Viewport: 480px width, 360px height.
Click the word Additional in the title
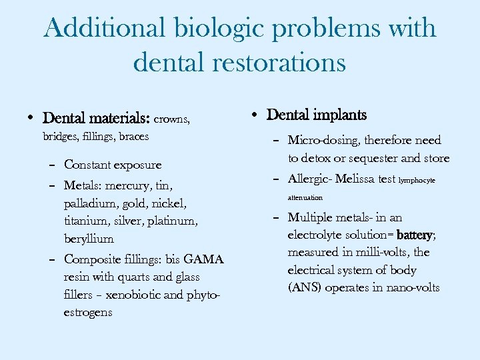click(x=105, y=29)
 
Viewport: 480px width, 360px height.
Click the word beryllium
click(x=89, y=238)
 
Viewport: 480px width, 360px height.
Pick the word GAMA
click(x=203, y=259)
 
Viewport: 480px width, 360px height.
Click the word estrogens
click(x=88, y=312)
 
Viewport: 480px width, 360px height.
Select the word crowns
click(x=172, y=119)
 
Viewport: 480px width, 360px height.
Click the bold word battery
click(x=413, y=235)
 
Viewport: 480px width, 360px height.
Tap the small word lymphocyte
click(x=417, y=180)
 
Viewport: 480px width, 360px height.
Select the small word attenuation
click(x=305, y=197)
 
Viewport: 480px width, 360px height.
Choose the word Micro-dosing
click(x=323, y=140)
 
